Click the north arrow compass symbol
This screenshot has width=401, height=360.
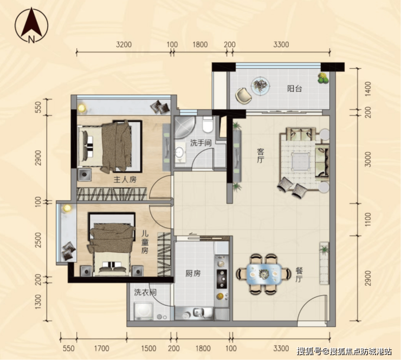click(x=31, y=25)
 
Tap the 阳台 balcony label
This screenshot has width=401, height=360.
click(x=294, y=89)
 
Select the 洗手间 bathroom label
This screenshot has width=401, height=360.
click(x=200, y=143)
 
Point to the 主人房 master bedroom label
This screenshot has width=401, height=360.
click(x=125, y=180)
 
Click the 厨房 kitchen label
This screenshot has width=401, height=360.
click(x=193, y=273)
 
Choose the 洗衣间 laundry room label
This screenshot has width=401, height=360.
click(x=145, y=292)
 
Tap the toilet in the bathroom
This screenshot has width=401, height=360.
click(x=208, y=125)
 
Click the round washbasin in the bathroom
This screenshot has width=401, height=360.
click(x=180, y=153)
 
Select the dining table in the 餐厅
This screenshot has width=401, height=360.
click(x=264, y=274)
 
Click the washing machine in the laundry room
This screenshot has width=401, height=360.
click(x=144, y=311)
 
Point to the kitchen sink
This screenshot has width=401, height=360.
click(x=198, y=313)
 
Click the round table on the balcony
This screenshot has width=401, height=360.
click(x=260, y=86)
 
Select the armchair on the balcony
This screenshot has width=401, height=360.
click(x=244, y=96)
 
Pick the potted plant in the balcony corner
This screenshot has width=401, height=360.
click(x=323, y=78)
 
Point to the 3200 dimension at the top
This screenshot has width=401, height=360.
click(x=124, y=44)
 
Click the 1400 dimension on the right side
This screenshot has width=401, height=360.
click(x=367, y=89)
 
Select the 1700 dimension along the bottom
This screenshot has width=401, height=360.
click(x=102, y=348)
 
